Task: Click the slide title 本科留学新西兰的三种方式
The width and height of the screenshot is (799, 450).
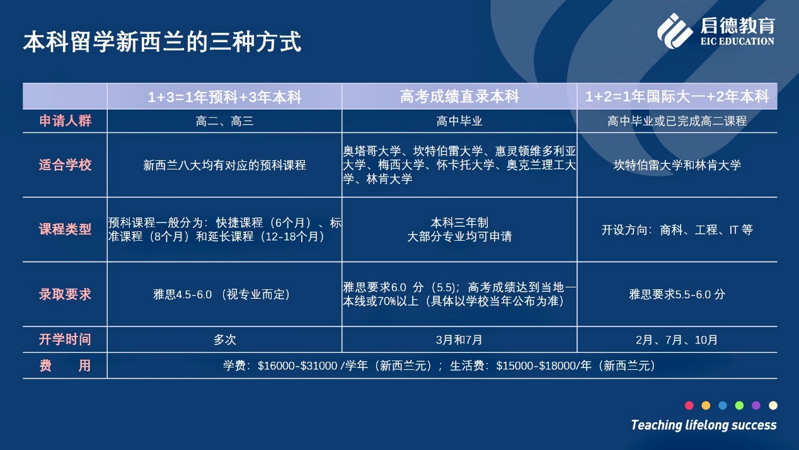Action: click(163, 42)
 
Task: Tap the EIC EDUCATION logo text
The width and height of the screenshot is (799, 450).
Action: click(737, 41)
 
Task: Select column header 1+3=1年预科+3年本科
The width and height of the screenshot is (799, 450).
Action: click(224, 97)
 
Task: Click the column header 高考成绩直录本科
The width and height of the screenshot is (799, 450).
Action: click(459, 96)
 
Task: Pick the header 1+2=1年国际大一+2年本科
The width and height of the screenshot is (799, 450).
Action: click(677, 96)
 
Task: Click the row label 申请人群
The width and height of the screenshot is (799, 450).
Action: click(66, 120)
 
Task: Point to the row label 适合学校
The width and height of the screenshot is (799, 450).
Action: click(66, 165)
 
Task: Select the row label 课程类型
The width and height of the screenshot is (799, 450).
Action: click(66, 229)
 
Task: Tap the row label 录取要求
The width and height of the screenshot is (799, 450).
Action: click(66, 294)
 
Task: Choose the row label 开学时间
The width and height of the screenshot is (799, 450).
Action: click(66, 339)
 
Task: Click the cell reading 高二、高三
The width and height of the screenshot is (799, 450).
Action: click(224, 122)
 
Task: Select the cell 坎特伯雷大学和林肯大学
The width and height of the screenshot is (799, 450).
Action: click(677, 165)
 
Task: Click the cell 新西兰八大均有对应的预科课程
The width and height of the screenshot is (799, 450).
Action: click(224, 165)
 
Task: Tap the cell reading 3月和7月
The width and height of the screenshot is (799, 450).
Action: click(459, 339)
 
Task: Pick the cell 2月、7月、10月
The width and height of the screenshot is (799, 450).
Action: click(677, 339)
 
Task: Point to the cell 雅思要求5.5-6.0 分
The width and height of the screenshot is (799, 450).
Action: click(677, 294)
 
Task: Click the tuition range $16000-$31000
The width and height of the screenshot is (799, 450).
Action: click(297, 366)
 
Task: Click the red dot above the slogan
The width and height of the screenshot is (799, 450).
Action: click(689, 405)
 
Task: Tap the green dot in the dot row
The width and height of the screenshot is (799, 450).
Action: click(739, 405)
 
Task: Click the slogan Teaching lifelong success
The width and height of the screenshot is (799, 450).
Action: click(704, 425)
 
